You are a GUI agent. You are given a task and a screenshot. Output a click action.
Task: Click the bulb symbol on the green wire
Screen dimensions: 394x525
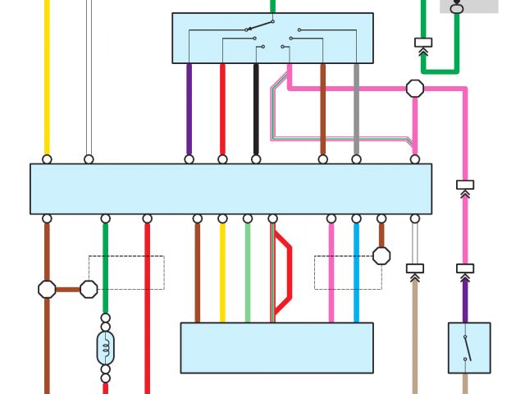(105, 347)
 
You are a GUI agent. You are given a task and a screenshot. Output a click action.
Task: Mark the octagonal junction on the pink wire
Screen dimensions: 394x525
(415, 88)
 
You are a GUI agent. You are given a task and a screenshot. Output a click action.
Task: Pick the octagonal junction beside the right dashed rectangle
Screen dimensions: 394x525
(381, 255)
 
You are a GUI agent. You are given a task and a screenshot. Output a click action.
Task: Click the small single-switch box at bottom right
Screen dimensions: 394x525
(469, 347)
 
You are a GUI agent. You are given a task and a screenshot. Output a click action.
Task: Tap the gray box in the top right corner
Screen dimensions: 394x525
(468, 7)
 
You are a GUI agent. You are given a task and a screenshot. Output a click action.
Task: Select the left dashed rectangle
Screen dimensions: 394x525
(126, 273)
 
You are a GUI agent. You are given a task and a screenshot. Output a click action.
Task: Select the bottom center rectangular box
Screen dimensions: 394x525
(276, 347)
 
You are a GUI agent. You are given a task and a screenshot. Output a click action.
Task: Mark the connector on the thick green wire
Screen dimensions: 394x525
(423, 42)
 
